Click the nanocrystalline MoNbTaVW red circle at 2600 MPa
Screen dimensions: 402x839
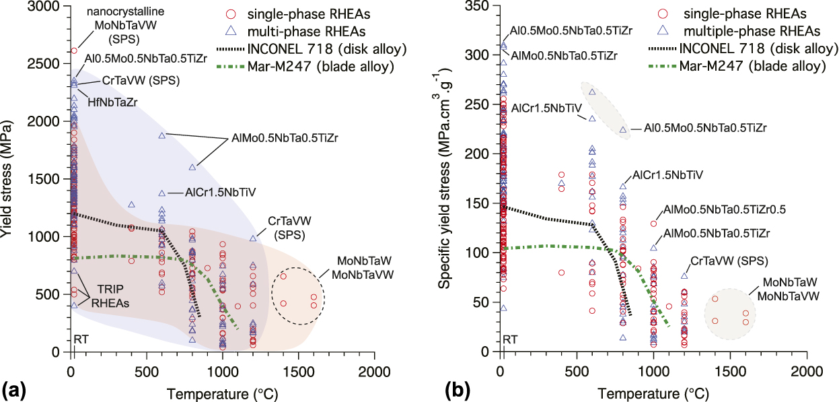point(73,51)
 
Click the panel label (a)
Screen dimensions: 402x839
point(15,389)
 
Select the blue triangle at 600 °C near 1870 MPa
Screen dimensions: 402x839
point(162,135)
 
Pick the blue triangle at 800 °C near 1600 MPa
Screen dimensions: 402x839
point(192,167)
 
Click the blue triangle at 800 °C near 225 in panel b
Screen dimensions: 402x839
point(623,129)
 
